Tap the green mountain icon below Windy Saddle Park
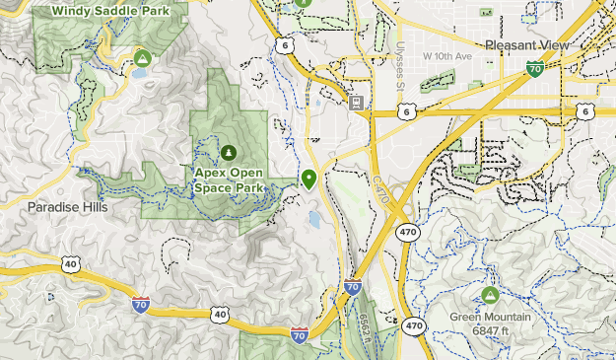click(143, 59)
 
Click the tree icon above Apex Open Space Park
click(229, 152)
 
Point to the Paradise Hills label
click(67, 208)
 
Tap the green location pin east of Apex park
click(309, 179)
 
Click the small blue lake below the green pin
click(313, 218)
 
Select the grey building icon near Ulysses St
click(356, 102)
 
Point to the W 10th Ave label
click(447, 55)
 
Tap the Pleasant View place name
click(528, 45)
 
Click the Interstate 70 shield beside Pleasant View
click(534, 68)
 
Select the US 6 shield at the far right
click(585, 112)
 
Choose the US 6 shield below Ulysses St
click(406, 113)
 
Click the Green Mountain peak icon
click(490, 295)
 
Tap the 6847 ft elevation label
click(491, 330)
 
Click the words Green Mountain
click(491, 318)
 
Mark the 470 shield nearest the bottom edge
click(414, 326)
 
